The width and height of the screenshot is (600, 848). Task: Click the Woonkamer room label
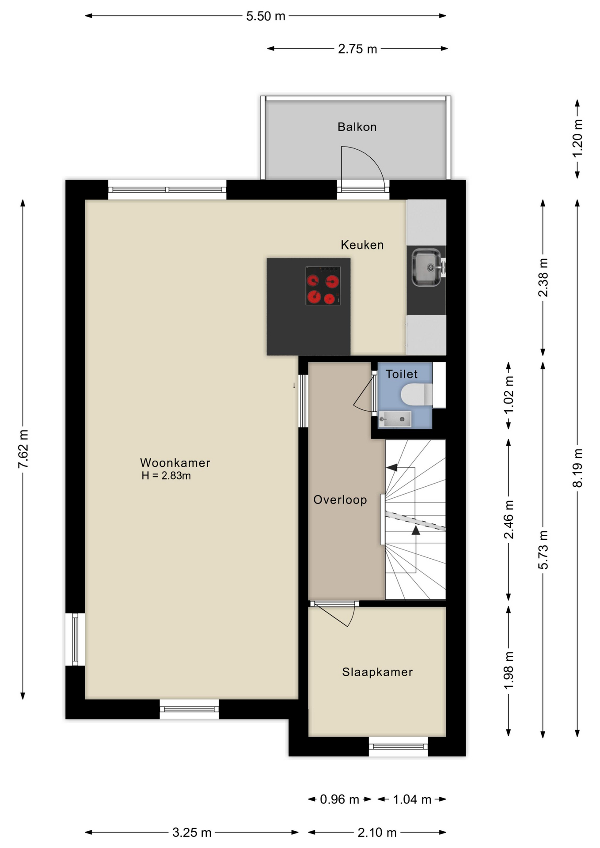tap(175, 462)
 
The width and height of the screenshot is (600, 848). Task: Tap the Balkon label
tap(357, 127)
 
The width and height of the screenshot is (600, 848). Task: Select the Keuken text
tap(362, 245)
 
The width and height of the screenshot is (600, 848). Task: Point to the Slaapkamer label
tap(377, 672)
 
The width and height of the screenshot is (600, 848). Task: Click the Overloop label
tap(340, 500)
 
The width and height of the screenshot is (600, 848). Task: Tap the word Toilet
tap(402, 374)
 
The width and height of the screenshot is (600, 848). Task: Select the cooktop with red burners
tap(323, 286)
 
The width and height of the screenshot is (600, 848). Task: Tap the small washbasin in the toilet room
tap(395, 419)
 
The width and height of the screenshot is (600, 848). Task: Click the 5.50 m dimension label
tap(266, 16)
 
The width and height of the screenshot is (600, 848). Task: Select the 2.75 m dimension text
tap(357, 49)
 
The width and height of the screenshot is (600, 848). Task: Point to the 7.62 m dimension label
tap(23, 449)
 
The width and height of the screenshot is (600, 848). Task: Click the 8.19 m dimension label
tap(577, 468)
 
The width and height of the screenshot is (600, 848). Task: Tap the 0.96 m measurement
tap(339, 799)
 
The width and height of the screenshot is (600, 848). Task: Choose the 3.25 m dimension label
tap(192, 833)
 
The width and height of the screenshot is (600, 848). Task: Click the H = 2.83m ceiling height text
tap(166, 476)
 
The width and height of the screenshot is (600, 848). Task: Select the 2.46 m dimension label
tap(509, 519)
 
